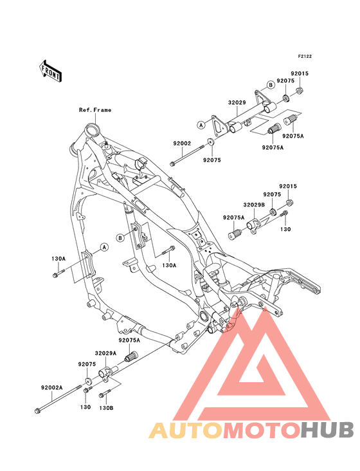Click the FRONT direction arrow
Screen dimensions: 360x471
click(50, 71)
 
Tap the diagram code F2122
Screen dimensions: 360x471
click(305, 56)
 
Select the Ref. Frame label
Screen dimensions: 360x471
click(94, 110)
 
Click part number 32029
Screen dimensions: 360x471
click(237, 102)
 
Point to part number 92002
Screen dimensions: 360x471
click(182, 143)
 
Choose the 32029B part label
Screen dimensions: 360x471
click(254, 205)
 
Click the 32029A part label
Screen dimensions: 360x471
click(105, 353)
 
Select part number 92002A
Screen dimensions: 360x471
click(52, 387)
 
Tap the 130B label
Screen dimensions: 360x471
click(106, 408)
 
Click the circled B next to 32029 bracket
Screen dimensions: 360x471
click(271, 85)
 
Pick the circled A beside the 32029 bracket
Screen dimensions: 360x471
click(201, 124)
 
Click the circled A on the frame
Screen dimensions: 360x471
click(104, 247)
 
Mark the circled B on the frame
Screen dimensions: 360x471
click(120, 238)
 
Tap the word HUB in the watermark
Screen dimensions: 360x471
click(327, 430)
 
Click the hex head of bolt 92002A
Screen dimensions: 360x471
click(37, 411)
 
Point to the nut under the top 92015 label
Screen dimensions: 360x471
click(299, 90)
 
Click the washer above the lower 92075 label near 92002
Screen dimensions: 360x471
click(210, 141)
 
